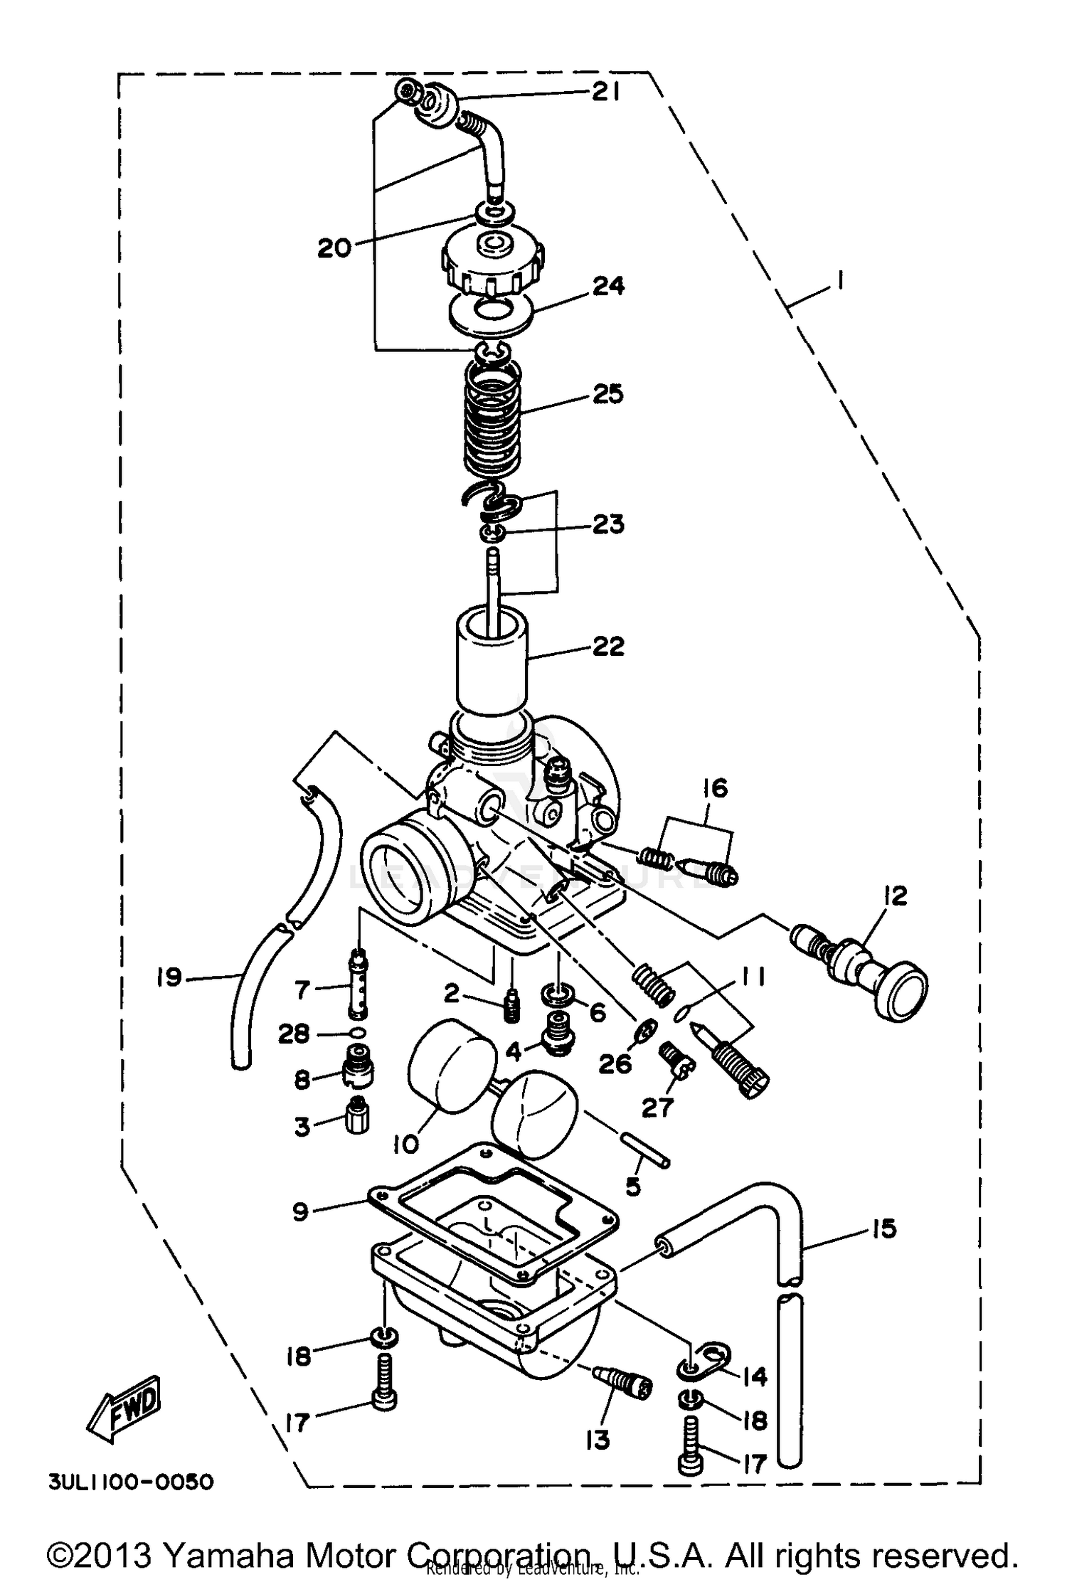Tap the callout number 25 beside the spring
607,394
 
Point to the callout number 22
607,646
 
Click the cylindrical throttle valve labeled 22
491,662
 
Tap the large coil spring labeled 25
492,420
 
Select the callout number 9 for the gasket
300,1211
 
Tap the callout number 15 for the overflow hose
883,1228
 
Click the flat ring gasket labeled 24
491,312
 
